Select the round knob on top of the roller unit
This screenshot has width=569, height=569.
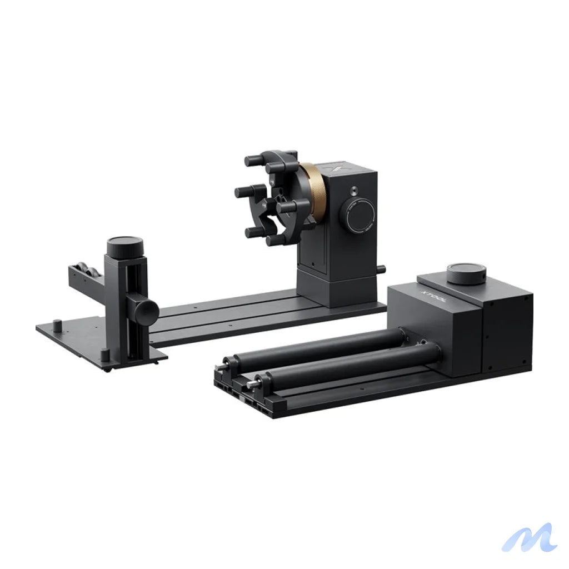click(x=466, y=273)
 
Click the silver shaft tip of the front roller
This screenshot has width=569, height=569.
click(x=253, y=383)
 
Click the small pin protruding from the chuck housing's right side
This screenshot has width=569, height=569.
click(x=382, y=269)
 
